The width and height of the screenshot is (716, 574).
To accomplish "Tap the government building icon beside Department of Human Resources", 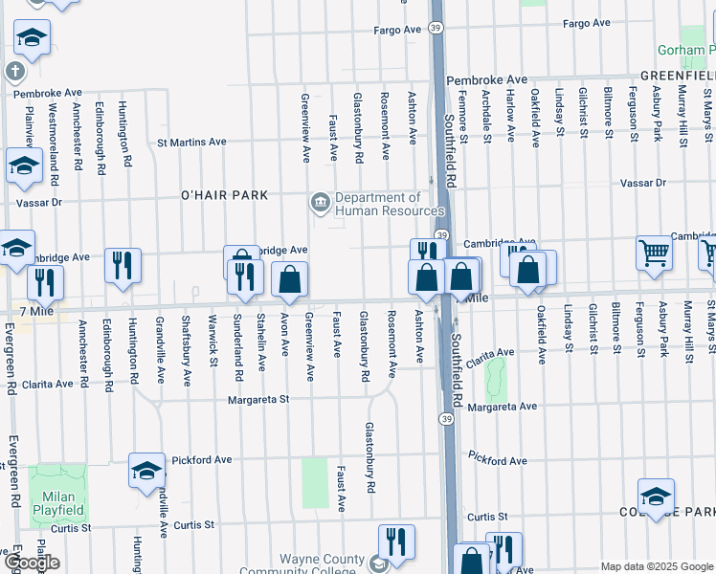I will pos(319,202).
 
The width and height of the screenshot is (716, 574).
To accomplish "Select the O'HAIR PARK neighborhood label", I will pos(224,195).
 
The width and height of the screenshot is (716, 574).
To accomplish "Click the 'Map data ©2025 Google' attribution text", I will pos(657,566).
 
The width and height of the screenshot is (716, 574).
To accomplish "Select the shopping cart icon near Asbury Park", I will pos(655,254).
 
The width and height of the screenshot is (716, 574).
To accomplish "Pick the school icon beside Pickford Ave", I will pos(146,471).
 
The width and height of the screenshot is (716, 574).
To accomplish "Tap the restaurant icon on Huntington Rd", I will pos(123,265).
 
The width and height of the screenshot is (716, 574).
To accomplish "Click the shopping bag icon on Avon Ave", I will pos(289,279).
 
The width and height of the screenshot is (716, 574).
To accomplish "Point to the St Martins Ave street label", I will pos(191,143).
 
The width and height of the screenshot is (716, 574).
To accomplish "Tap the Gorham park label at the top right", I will pos(685,50).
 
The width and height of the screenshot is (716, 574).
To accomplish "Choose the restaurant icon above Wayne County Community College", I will pos(395,541).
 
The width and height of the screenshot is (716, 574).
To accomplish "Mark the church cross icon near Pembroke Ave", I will pos(14,71).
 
